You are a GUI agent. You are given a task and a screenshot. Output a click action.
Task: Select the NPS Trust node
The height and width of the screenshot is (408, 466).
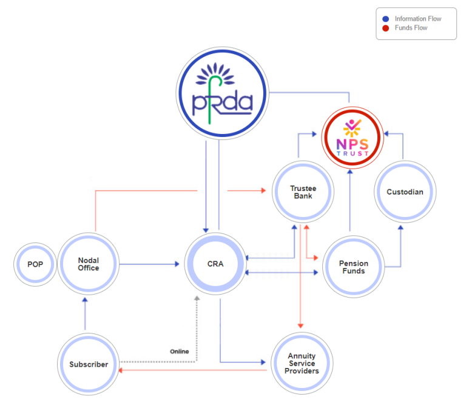[x=352, y=138]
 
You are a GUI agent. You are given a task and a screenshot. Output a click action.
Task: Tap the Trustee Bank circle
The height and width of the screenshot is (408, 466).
[x=303, y=192]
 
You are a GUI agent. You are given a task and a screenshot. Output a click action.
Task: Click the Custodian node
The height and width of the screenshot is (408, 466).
[x=405, y=192]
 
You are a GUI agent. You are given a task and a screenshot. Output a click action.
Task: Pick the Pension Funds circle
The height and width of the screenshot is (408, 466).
[x=353, y=267]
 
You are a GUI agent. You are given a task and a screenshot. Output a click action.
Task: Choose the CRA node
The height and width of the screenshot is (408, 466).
[x=215, y=264]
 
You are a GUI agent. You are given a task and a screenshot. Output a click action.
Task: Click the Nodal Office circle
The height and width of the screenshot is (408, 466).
[x=89, y=264]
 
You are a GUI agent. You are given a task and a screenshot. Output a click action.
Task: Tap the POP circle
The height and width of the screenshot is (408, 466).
[x=35, y=264]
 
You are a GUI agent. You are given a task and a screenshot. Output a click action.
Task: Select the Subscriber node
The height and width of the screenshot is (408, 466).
[x=89, y=364]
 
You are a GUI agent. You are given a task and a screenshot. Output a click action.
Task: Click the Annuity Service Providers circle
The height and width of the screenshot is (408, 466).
[x=303, y=363]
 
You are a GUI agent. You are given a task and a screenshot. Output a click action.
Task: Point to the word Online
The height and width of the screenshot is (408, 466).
[x=179, y=352]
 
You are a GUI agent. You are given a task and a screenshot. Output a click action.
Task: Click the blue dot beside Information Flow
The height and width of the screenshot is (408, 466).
[x=386, y=19]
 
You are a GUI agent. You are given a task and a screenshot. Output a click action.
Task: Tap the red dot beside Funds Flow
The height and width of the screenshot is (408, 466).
[x=386, y=28]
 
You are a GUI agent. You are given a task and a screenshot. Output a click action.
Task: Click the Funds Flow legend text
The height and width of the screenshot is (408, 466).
[x=411, y=28]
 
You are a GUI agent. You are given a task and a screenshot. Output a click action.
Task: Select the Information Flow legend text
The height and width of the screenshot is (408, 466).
[x=417, y=19]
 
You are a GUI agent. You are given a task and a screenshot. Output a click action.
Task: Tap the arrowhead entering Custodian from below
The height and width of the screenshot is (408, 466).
[x=400, y=227]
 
